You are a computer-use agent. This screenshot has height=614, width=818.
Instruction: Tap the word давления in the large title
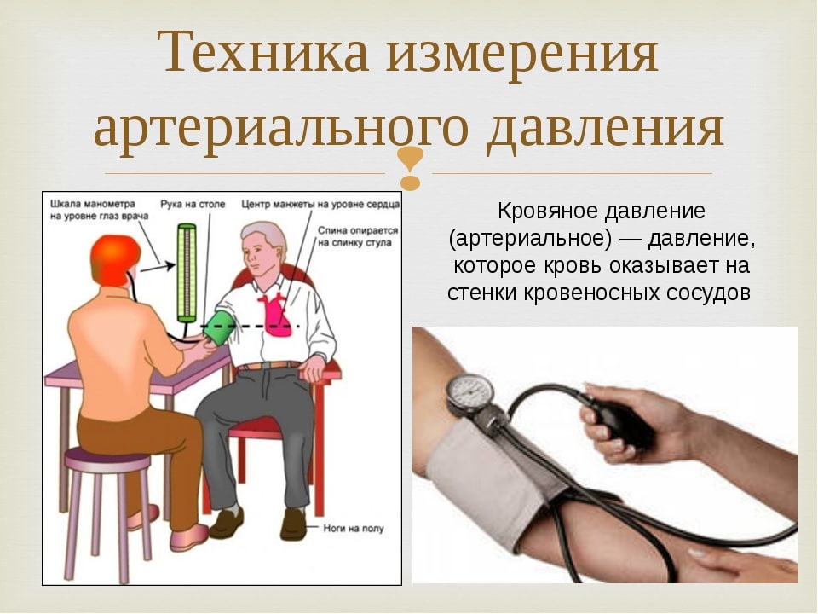coord(605,127)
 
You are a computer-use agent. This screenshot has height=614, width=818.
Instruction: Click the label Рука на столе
coord(193,204)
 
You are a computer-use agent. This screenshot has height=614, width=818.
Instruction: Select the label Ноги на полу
coord(353,529)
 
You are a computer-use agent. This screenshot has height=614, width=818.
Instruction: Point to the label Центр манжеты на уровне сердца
coord(320,204)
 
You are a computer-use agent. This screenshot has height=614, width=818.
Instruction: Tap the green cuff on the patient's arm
coord(217,327)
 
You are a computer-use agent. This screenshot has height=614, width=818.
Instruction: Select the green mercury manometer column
coord(187,273)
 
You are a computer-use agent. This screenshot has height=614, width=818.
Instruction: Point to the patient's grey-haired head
coord(264,248)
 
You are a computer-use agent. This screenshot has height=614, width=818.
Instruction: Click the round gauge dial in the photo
coord(469,391)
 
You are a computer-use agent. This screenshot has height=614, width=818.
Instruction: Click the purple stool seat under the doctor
coord(107,460)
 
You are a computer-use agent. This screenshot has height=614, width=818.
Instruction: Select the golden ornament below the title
coord(411,167)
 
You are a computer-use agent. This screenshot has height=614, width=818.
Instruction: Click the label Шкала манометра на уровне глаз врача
coord(99,210)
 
